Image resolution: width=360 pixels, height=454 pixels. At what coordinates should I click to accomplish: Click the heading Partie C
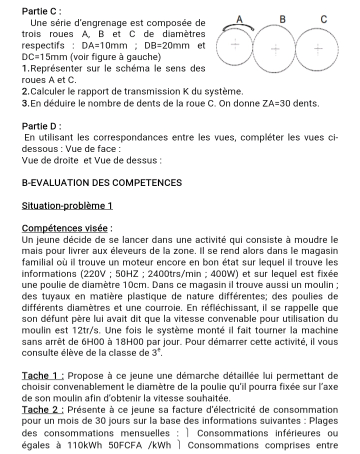(43, 10)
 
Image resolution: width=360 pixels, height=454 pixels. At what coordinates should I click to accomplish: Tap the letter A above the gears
(239, 19)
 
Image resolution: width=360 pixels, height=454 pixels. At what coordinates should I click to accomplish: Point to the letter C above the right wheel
(323, 19)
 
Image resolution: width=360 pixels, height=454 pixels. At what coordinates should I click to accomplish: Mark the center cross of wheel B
(275, 49)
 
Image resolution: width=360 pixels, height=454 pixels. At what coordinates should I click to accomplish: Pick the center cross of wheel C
(317, 49)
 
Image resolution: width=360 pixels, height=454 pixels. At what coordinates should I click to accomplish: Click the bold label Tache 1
(43, 375)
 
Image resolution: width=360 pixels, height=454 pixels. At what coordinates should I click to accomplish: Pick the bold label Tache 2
(43, 410)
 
